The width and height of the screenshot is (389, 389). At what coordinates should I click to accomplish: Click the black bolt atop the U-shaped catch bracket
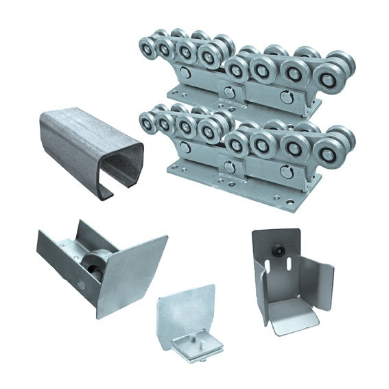(282, 251)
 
